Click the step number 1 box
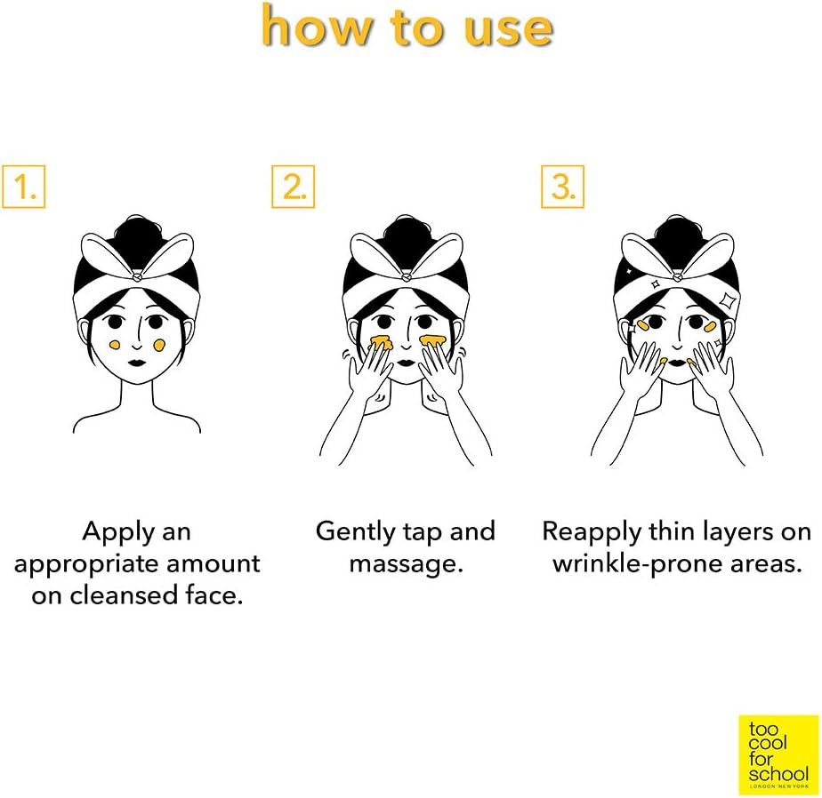coord(24,187)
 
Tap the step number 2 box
coord(293,187)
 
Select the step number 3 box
coord(562,187)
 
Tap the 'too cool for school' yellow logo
coord(778,755)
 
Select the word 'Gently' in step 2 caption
coord(356,533)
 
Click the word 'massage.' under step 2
coord(407,565)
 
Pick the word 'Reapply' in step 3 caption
coord(592,533)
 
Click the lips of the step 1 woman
coord(136,363)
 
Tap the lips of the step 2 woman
coord(406,363)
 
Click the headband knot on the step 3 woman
coord(676,276)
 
